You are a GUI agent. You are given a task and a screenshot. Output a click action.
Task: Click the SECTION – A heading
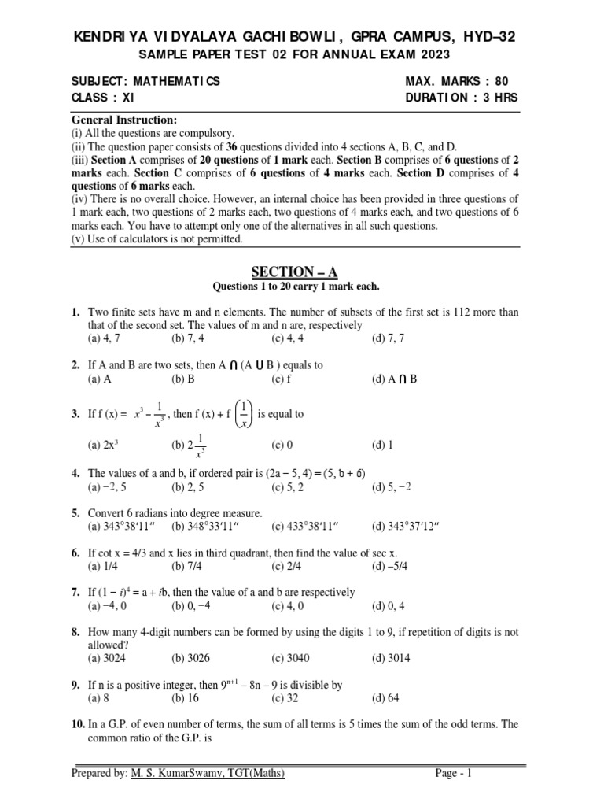click(294, 272)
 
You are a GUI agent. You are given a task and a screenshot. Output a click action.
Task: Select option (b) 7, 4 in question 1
click(185, 339)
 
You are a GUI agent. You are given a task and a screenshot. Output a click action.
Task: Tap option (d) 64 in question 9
click(386, 698)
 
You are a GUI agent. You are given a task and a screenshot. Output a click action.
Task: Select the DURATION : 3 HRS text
click(462, 98)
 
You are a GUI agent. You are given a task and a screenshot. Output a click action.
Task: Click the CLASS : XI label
click(105, 98)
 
